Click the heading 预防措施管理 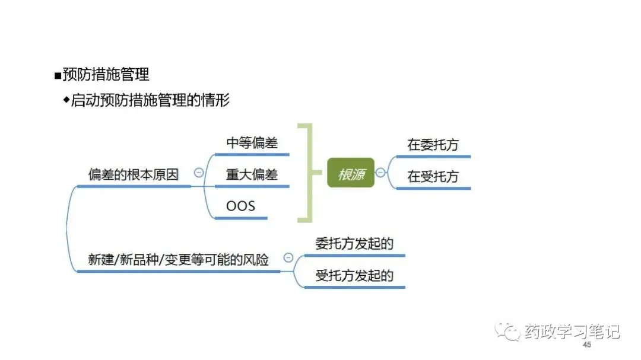tap(105, 74)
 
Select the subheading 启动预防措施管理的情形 tap(150, 100)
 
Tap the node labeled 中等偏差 tap(252, 143)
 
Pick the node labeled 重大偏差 tap(252, 175)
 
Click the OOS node tap(240, 206)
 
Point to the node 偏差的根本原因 tap(133, 175)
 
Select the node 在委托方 tap(433, 145)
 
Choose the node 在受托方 tap(433, 177)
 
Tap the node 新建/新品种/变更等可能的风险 tap(178, 260)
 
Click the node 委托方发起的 tap(354, 244)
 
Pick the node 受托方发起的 tap(354, 276)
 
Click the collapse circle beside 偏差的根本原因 tap(199, 173)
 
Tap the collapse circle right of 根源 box tap(380, 173)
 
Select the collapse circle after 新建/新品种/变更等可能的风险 tap(288, 257)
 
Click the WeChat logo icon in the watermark tap(509, 331)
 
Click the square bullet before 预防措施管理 tap(58, 75)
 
